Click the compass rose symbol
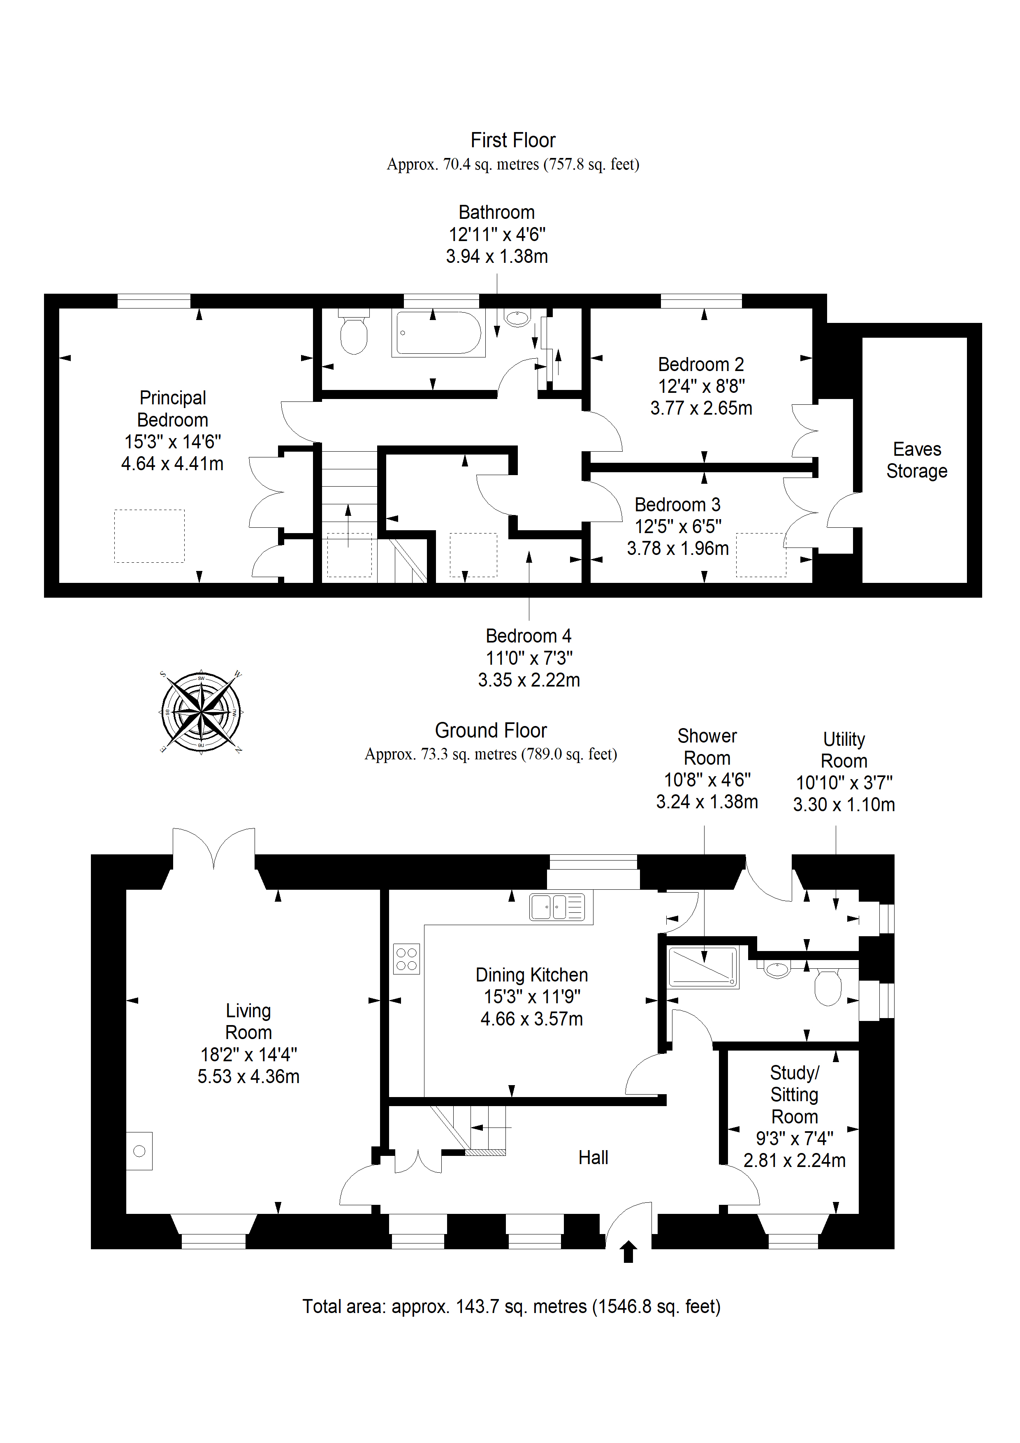[201, 712]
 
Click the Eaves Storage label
[917, 460]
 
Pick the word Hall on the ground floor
[593, 1158]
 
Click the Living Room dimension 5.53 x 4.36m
[248, 1076]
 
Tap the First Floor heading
[513, 140]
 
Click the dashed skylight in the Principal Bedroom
[149, 536]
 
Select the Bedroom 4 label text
[529, 636]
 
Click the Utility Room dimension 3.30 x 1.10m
[844, 805]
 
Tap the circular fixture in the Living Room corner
[139, 1151]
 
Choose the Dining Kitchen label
[532, 975]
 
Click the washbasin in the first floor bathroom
[517, 319]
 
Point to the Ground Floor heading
[491, 730]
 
